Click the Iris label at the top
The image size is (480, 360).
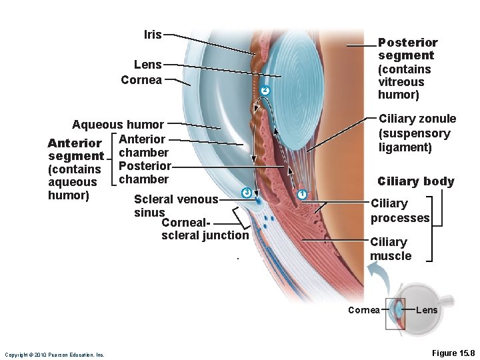tap(153, 34)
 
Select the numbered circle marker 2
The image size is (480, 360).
tap(265, 90)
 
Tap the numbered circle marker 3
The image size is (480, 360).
tap(246, 193)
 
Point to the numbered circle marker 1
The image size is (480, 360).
tap(301, 194)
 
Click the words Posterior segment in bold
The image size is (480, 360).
tap(407, 49)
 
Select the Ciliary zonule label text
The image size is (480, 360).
tap(417, 133)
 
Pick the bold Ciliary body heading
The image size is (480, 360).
tap(415, 181)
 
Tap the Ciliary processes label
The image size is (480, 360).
tap(400, 211)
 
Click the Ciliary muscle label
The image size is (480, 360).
tap(391, 249)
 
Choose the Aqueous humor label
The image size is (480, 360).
tap(117, 125)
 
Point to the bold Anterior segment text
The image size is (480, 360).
tap(75, 149)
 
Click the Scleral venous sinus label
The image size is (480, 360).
tap(175, 205)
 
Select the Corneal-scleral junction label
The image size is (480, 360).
tap(204, 229)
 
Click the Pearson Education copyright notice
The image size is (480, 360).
tap(54, 355)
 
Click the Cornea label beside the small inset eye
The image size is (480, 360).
tap(364, 310)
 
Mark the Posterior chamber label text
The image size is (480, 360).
tap(145, 173)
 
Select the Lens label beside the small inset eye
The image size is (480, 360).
tap(427, 310)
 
